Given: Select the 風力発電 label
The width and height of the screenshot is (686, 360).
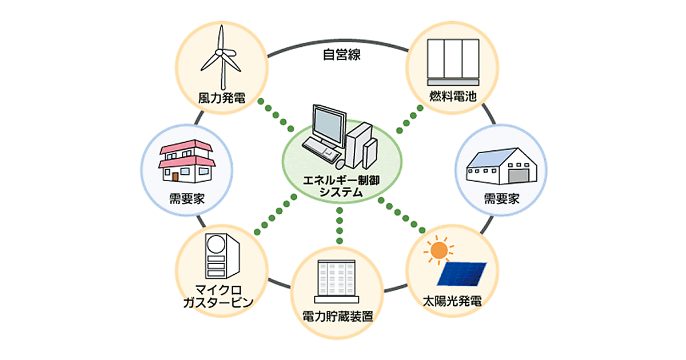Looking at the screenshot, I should coord(221,98).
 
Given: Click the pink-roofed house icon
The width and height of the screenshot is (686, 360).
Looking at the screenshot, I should coord(185,162).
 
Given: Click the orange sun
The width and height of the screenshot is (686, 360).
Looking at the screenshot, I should coord(438,250).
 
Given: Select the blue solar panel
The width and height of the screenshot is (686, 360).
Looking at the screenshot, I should coord(462,274).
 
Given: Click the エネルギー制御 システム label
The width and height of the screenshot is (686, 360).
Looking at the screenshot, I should coord(341,187).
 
